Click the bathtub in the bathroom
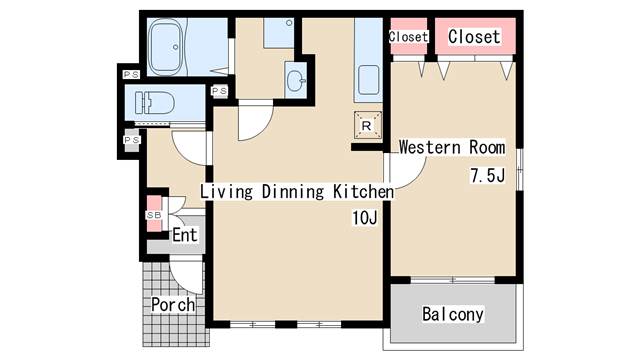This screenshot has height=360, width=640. pos(165,47)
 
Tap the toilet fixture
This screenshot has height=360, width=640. pos(155,103)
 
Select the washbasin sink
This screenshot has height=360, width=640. pos(296,81)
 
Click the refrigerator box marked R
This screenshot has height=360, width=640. pos(368,125)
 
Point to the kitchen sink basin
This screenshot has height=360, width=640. pos(369,80)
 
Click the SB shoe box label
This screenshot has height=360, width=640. pos(154,215)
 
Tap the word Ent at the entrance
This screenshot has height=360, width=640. pos(184,235)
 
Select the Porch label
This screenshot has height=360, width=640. pos(173,304)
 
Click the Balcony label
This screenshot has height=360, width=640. pos(453,314)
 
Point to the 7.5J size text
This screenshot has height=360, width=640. pos(488,176)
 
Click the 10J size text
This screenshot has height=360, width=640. pos(364,218)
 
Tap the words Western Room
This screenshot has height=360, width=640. pos(452,147)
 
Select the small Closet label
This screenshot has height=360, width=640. pos(408,37)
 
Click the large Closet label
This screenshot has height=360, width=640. pos(474,37)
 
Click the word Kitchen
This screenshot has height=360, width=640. pos(363,191)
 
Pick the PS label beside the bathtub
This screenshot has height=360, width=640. pos(131,75)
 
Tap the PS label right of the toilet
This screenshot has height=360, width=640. pos(220,91)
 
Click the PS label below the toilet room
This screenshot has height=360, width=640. pos(131,140)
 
